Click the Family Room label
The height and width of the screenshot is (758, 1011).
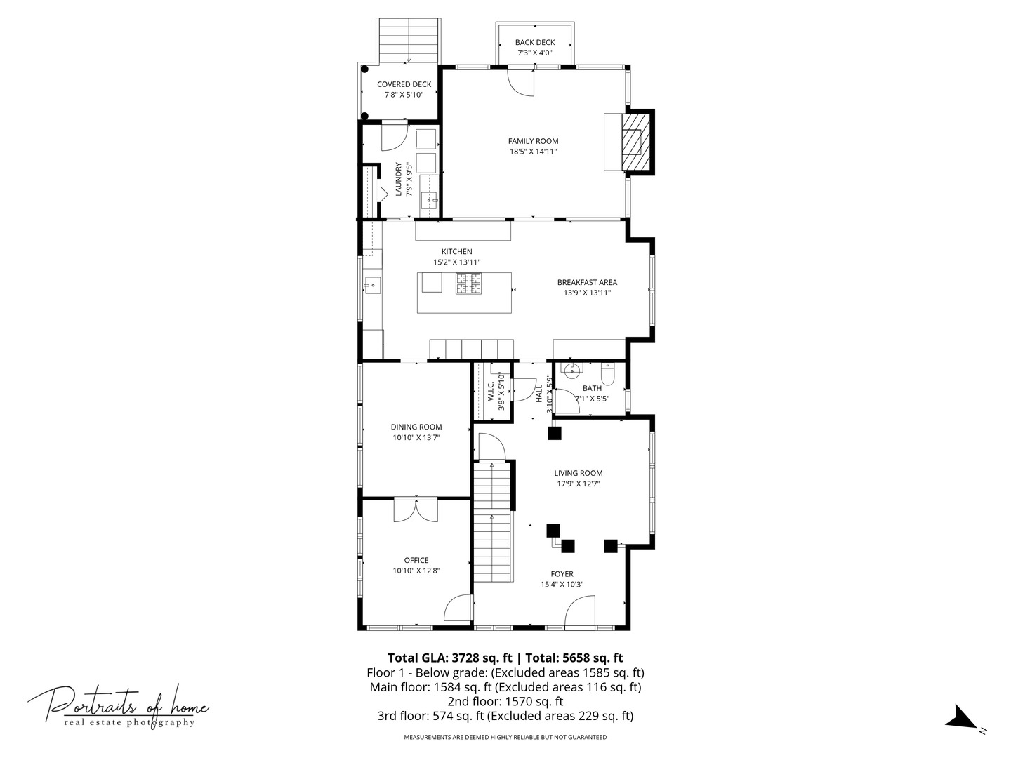533,141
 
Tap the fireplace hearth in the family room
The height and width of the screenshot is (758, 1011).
613,142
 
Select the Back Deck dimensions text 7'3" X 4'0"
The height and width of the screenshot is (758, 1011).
535,53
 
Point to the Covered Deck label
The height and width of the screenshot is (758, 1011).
404,84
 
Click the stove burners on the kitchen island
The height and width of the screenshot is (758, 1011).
468,284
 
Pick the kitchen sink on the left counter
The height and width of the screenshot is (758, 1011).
372,286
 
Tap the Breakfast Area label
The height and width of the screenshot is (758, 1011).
587,283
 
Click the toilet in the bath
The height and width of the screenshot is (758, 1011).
608,374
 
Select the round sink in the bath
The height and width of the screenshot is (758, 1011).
571,370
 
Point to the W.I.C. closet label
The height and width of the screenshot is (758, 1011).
491,391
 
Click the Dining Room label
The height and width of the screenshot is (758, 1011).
416,427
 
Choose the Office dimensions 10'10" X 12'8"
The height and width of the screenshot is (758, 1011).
416,571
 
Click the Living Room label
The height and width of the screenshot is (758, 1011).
578,473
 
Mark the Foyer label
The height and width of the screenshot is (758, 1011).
562,574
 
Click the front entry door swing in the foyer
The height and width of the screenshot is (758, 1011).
579,611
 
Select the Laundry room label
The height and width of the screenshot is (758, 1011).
399,179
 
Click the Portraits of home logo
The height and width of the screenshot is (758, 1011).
118,707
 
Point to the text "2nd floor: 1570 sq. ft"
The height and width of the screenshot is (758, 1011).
505,701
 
